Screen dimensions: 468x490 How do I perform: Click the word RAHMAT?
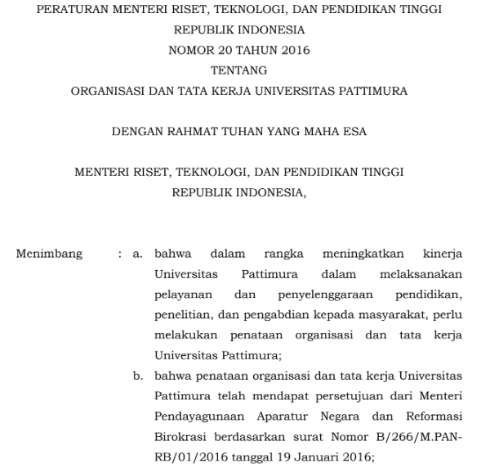[x=199, y=131]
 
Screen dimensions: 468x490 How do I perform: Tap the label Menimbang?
[x=49, y=254]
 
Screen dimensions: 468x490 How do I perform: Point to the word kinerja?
[x=443, y=254]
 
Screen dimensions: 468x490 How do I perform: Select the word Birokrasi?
[x=180, y=435]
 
